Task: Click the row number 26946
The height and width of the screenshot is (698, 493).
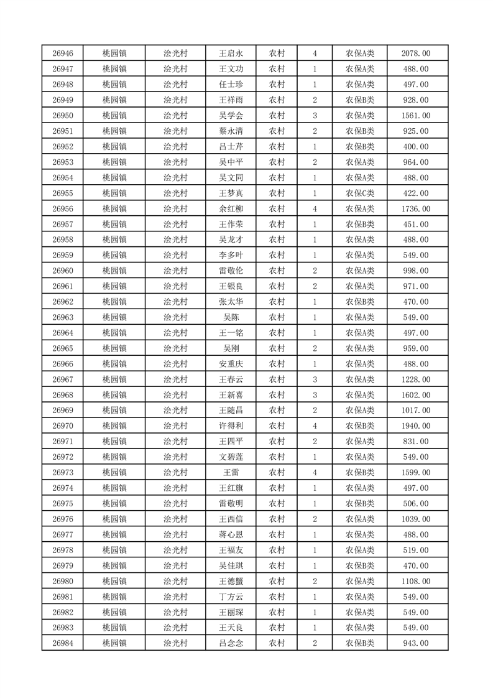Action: pos(63,54)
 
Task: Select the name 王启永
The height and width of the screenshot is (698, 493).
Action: pos(230,54)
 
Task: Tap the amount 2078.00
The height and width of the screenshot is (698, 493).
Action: pos(417,54)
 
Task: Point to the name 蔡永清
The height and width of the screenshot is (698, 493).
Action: pos(230,131)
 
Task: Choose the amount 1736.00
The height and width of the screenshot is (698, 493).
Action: pos(417,208)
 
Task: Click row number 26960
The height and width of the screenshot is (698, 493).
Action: pos(63,271)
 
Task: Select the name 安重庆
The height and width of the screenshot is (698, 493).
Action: pos(230,364)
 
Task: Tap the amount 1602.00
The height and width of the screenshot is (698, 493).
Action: pos(417,395)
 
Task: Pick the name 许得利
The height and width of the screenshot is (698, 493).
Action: pos(230,426)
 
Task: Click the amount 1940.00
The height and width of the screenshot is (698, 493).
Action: pos(417,426)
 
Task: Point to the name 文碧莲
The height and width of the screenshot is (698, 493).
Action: pos(230,457)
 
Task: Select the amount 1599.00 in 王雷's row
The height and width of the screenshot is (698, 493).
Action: pos(417,472)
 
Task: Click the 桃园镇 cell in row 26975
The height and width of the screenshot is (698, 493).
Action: pos(114,503)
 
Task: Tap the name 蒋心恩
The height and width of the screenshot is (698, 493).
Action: pos(230,534)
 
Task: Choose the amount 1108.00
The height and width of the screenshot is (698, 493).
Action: pos(417,581)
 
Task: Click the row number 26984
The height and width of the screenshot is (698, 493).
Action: pos(63,643)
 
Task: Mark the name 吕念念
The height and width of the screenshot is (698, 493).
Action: pos(230,643)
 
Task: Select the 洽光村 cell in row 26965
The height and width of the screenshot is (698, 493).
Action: pos(175,348)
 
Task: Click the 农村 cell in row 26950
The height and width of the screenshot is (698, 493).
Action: pos(277,116)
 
